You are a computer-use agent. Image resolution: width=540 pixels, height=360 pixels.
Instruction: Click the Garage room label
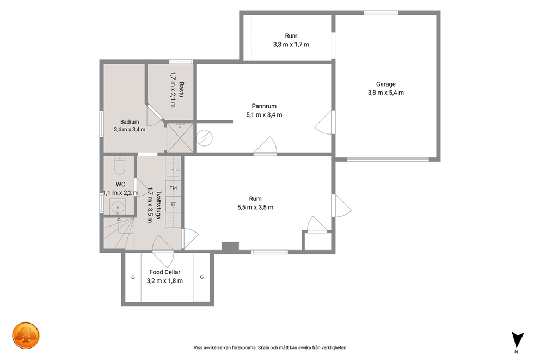point(385,84)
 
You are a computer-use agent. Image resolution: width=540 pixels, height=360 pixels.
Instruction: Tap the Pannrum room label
point(264,106)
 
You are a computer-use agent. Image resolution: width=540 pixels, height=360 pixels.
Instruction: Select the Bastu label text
point(181,89)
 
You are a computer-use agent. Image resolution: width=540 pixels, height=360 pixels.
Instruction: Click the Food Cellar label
point(164,272)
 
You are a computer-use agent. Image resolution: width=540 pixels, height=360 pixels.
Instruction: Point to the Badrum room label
point(130,121)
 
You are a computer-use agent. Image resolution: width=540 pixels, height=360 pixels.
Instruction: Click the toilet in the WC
point(119,166)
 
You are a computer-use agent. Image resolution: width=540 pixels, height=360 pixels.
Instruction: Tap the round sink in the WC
point(118,208)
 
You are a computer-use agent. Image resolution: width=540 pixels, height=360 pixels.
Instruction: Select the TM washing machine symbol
point(173,188)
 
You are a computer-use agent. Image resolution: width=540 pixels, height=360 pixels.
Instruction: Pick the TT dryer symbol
point(173,204)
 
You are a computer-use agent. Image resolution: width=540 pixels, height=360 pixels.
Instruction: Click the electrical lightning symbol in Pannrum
point(205,138)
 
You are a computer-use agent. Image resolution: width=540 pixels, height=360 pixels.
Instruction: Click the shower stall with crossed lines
point(180,138)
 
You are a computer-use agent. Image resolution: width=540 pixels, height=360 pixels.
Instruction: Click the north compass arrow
point(517,339)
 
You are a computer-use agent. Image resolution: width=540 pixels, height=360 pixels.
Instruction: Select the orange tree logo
point(26,335)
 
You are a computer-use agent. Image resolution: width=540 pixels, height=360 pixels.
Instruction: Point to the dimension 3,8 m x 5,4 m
point(386,93)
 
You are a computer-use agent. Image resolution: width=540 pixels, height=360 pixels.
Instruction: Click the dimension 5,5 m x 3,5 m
point(255,208)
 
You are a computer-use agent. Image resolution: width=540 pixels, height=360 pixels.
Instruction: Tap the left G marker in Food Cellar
point(133,277)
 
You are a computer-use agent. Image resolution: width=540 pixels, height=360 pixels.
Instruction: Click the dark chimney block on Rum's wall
point(230,246)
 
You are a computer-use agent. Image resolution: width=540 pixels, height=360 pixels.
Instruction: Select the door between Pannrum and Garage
point(324,123)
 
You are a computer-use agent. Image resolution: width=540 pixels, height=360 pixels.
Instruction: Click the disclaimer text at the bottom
point(269,348)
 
